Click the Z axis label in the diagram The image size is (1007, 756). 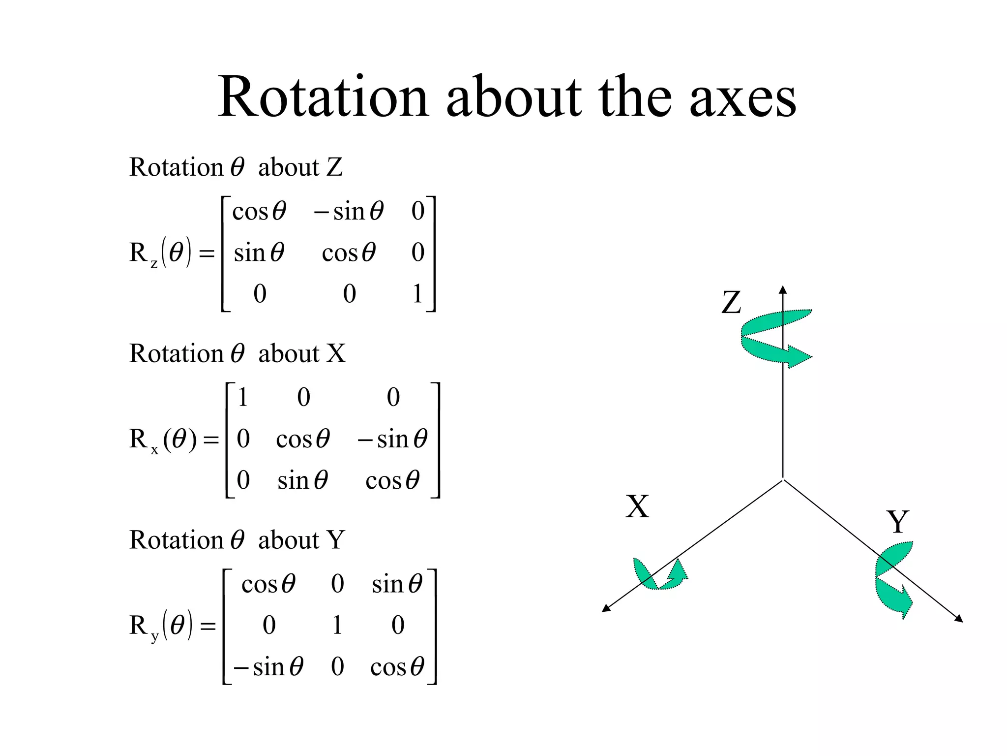pyautogui.click(x=731, y=302)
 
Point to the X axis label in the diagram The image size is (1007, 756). pyautogui.click(x=637, y=506)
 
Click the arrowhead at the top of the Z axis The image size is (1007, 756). pyautogui.click(x=783, y=289)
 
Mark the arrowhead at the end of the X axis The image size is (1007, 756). pyautogui.click(x=606, y=609)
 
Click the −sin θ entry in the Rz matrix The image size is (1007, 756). pyautogui.click(x=349, y=212)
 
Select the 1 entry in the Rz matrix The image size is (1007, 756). pyautogui.click(x=417, y=294)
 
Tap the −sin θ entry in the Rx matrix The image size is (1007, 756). pyautogui.click(x=392, y=439)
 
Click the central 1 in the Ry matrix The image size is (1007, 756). pyautogui.click(x=337, y=625)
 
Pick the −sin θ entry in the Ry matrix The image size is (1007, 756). pyautogui.click(x=268, y=667)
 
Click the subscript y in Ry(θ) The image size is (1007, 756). pyautogui.click(x=155, y=636)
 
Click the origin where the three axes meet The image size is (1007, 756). pyautogui.click(x=783, y=479)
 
